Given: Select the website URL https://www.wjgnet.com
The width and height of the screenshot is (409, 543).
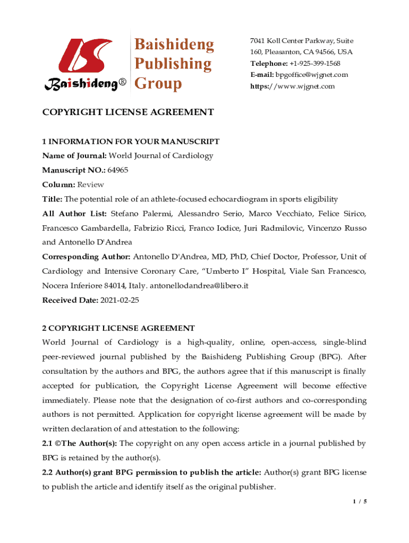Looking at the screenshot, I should coord(293,86).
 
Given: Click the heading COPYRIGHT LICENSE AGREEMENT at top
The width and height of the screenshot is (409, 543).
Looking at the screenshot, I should coord(128,112).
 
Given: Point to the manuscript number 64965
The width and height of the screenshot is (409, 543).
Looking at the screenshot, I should coord(117,170).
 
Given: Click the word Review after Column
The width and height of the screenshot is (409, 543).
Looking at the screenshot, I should coord(91,185).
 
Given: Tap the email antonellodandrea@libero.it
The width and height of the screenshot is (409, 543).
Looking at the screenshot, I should coord(200,286).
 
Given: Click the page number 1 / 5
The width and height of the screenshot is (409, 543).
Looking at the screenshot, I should coord(359,501).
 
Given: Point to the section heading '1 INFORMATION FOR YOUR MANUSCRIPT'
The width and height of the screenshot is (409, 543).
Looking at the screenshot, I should coord(131,142).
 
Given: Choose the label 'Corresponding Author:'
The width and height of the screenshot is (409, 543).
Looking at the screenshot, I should coord(87,257).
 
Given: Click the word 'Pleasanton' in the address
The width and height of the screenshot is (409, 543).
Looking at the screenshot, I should coord(286,52).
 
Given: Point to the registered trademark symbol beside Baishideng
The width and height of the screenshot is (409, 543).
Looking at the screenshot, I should coord(122,84).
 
